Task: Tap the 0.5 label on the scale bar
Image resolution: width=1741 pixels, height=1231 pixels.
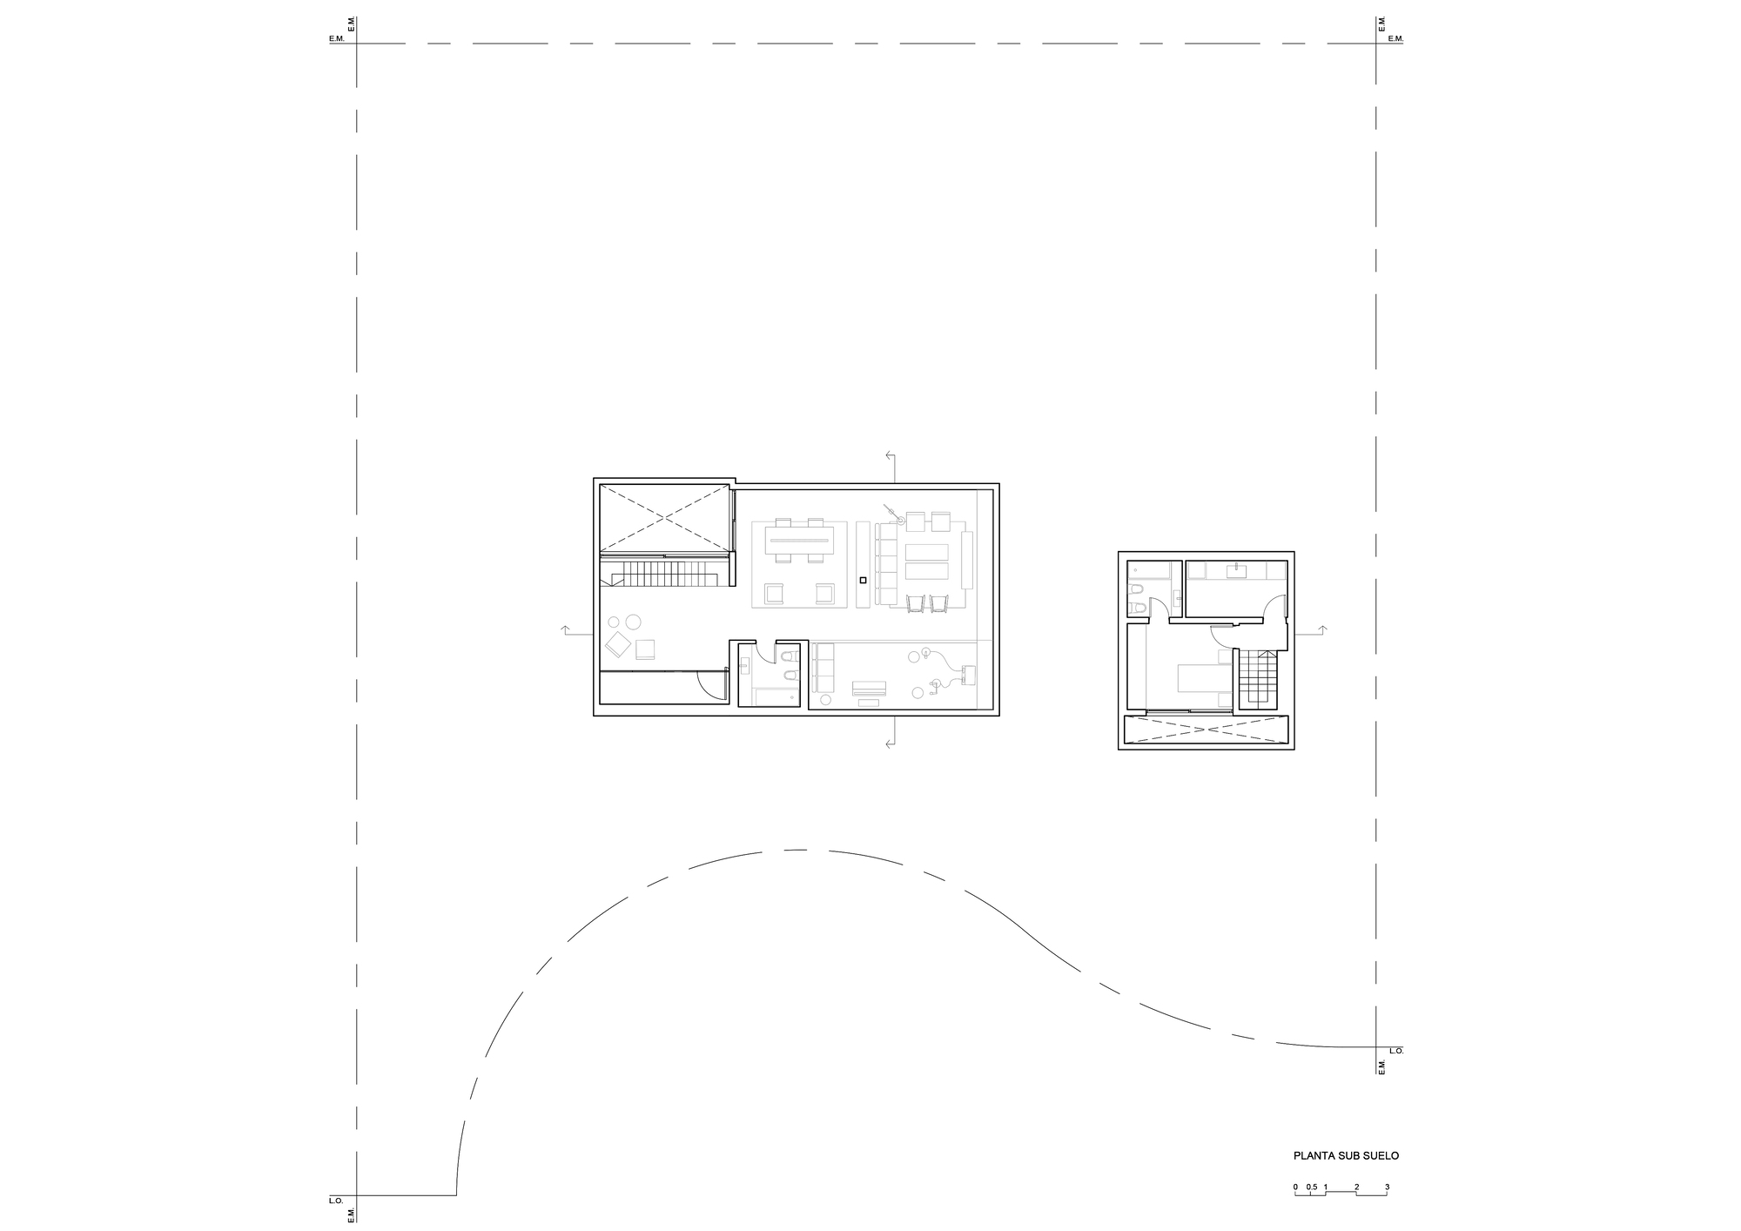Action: tap(1311, 1187)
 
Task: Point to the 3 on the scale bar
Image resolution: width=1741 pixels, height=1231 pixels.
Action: tap(1387, 1187)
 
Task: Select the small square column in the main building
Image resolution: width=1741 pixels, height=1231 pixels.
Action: tap(862, 579)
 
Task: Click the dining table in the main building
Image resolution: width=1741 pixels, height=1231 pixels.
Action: tap(798, 548)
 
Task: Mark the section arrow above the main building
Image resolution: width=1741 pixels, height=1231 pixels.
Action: tap(891, 456)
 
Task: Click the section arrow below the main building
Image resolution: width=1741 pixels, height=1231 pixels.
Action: tap(891, 743)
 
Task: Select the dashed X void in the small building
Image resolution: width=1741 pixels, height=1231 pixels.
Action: tap(1205, 730)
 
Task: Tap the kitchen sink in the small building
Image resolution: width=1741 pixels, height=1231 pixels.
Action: tap(1236, 570)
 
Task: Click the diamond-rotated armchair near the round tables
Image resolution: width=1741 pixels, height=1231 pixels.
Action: tap(619, 644)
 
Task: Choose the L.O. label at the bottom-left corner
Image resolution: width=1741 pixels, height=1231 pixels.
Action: tap(336, 1201)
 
